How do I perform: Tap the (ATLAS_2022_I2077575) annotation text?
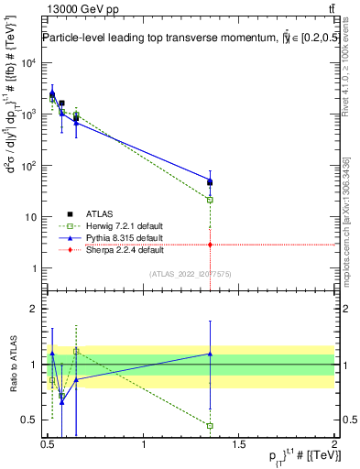[x=190, y=274]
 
